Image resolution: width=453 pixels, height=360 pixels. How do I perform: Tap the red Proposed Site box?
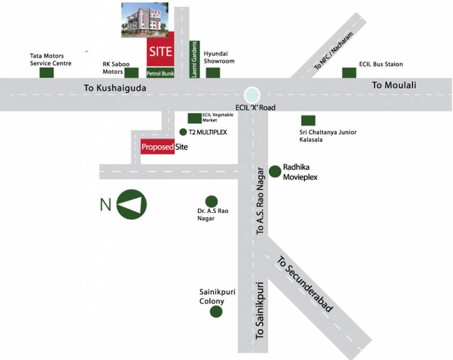158,147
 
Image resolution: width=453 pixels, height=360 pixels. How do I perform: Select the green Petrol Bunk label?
160,73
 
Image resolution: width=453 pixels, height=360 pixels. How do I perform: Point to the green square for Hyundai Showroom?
213,73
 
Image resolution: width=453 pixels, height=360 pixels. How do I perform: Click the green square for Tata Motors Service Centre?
46,73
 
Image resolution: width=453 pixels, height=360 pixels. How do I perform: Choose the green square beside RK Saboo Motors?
131,73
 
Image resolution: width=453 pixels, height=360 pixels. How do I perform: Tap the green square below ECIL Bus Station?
349,73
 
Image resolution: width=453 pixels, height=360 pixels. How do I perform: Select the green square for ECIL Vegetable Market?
194,118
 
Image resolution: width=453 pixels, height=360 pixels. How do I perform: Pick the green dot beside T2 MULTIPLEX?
183,132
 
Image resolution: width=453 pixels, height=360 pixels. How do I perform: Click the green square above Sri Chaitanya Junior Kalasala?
308,120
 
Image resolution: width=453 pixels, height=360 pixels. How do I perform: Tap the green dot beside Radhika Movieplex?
275,172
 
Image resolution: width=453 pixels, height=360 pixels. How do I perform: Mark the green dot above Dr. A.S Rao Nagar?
211,201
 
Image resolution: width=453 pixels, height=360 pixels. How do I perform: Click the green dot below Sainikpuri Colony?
216,312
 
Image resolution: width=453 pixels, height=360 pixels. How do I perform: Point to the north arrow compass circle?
131,204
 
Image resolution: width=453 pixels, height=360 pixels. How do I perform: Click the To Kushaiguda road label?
115,88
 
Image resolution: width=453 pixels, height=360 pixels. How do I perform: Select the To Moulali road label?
394,85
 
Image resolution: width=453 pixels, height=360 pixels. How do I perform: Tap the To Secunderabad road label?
304,284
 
